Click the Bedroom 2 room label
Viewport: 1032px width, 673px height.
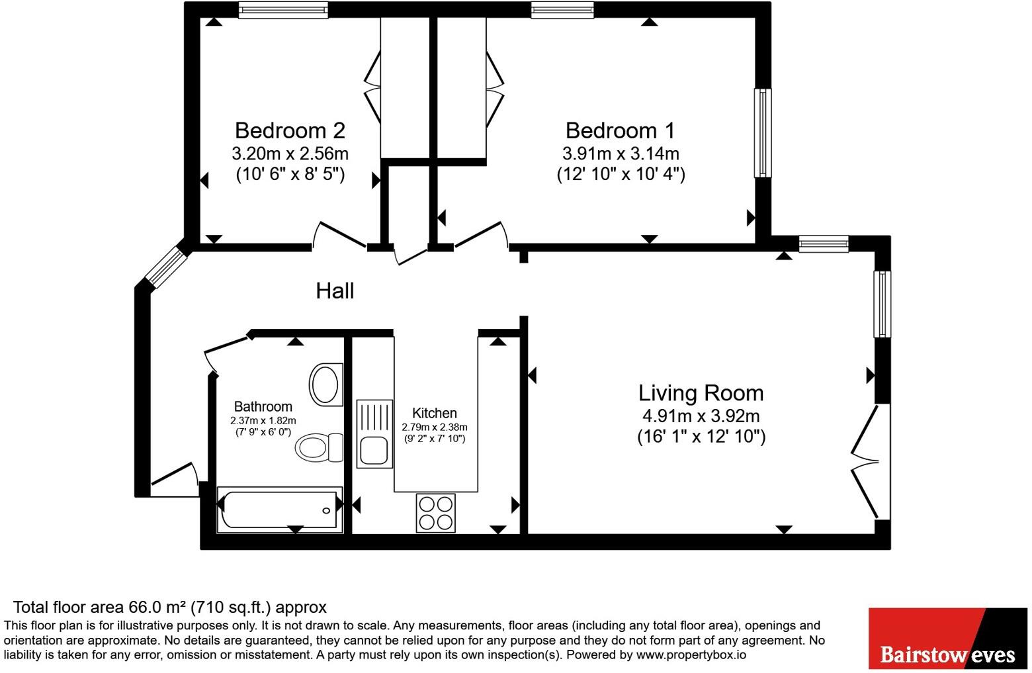pos(290,130)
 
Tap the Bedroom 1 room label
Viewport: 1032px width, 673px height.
pos(620,130)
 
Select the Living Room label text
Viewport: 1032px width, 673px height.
pos(701,392)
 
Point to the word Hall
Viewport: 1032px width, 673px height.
pos(335,291)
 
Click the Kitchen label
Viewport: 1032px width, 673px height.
pos(435,412)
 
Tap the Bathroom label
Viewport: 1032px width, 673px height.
pos(263,406)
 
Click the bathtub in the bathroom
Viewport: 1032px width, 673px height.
pos(280,510)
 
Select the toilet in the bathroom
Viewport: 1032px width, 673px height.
pos(319,447)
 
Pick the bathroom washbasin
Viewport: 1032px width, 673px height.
pos(326,384)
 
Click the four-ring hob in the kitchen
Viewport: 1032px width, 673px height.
pos(435,513)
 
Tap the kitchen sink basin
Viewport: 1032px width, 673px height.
pos(374,451)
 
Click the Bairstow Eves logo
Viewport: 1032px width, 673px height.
pos(948,638)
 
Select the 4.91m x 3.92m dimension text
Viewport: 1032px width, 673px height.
pos(701,416)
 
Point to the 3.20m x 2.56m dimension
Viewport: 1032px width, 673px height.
pos(290,153)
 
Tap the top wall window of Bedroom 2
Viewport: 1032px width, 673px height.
pos(283,10)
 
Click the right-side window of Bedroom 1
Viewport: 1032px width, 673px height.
pos(763,133)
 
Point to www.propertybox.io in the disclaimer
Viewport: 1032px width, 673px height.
pos(691,654)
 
